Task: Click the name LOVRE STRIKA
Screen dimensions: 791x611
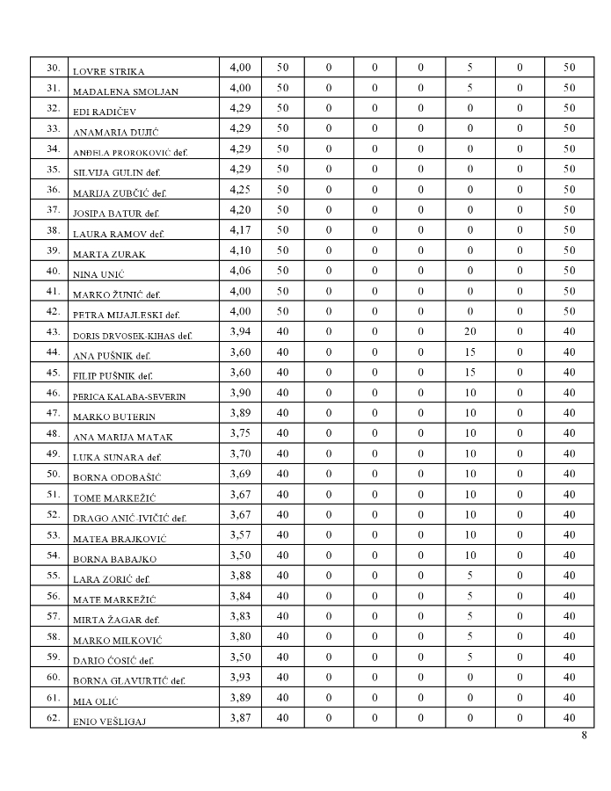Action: tap(108, 71)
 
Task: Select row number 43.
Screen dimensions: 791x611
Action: tap(53, 332)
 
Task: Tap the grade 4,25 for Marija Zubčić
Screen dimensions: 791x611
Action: tap(240, 189)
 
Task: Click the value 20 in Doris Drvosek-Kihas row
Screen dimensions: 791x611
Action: tap(469, 332)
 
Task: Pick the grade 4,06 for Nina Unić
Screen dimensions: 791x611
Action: tap(240, 271)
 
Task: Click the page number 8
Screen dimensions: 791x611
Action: tap(584, 736)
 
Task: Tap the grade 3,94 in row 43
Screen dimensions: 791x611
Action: tap(240, 332)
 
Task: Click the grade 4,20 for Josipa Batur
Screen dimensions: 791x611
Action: tap(240, 209)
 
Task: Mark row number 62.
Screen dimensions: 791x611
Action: tap(53, 718)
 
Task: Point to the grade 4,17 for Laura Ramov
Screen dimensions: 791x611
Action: tap(240, 230)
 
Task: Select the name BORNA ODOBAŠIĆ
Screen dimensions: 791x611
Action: tap(116, 477)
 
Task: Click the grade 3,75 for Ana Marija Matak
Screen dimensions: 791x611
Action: tap(240, 433)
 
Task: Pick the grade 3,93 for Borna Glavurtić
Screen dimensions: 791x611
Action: tap(240, 678)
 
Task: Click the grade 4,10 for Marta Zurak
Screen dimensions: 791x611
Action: tap(240, 250)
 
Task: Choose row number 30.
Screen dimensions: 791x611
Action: tap(53, 68)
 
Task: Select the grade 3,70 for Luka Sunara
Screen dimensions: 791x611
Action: tap(240, 454)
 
